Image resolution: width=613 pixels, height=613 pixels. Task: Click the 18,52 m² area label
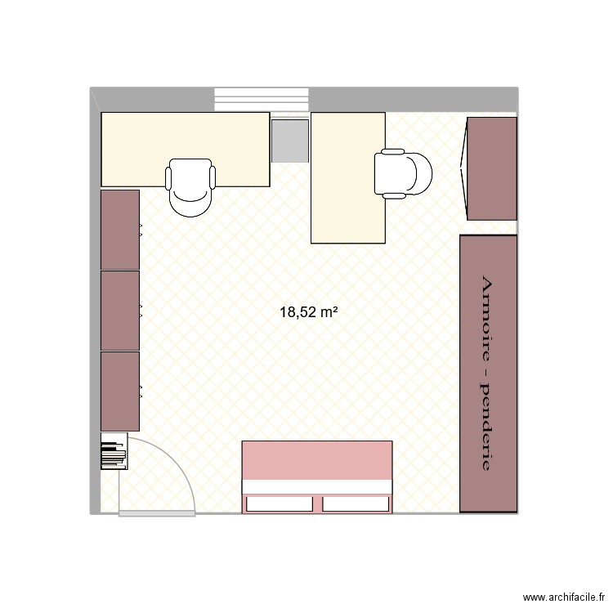[x=309, y=311]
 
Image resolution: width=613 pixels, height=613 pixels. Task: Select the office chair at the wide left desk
[x=191, y=187]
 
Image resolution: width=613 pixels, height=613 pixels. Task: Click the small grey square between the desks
[x=289, y=141]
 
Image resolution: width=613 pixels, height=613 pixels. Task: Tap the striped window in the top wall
[x=262, y=99]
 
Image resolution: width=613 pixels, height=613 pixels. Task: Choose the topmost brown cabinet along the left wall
[x=119, y=230]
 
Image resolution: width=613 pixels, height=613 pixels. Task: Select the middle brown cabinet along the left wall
[x=119, y=311]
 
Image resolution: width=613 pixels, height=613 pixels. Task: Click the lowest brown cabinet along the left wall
[x=119, y=392]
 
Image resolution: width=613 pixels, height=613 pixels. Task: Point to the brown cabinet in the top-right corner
[x=492, y=168]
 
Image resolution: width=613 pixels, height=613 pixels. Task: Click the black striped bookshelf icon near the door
[x=114, y=455]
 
